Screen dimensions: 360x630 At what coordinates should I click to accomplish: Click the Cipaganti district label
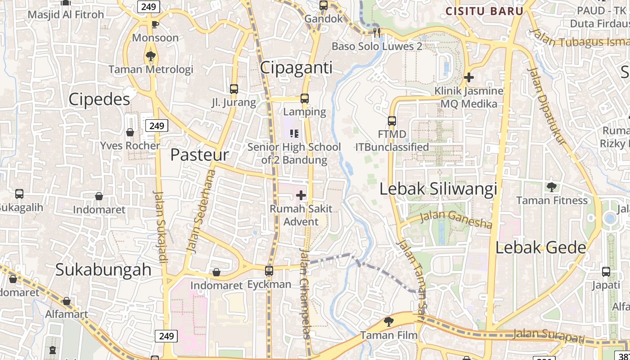[297, 68]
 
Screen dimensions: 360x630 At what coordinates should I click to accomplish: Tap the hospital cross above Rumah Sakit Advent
[301, 195]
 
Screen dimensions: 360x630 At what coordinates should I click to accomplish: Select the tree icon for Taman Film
[388, 321]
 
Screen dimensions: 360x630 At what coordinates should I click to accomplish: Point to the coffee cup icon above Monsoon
[155, 24]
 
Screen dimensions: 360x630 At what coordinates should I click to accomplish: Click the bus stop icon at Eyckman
[269, 271]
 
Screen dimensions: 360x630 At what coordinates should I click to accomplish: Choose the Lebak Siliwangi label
[438, 189]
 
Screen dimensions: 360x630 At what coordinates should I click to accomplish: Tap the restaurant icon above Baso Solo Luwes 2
[377, 32]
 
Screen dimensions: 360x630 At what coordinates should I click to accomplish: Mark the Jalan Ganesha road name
[456, 220]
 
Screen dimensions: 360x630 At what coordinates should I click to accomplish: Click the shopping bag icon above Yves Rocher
[130, 132]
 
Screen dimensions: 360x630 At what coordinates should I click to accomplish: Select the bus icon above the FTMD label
[392, 121]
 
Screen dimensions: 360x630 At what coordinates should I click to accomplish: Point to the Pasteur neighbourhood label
[199, 155]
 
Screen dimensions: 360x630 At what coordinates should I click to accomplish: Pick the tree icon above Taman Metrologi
[150, 56]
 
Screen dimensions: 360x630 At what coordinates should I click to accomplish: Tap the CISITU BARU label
[484, 11]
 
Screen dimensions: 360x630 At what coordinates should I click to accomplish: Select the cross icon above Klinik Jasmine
[469, 77]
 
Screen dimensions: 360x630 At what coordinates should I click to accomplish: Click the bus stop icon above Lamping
[305, 98]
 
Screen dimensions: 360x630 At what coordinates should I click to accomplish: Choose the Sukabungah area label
[103, 270]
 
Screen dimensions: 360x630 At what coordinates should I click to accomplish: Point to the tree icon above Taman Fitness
[551, 187]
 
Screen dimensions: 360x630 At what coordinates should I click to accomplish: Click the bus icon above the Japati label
[606, 272]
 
